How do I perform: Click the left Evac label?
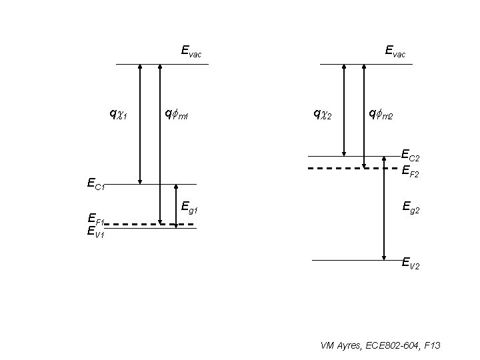click(x=191, y=51)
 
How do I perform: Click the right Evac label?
click(x=395, y=51)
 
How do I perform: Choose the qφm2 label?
click(x=381, y=115)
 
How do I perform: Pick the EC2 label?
click(x=411, y=156)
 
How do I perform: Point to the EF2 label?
click(x=411, y=172)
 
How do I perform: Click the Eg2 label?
click(x=411, y=209)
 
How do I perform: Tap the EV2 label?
click(x=411, y=264)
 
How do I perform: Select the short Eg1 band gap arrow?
click(x=175, y=206)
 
